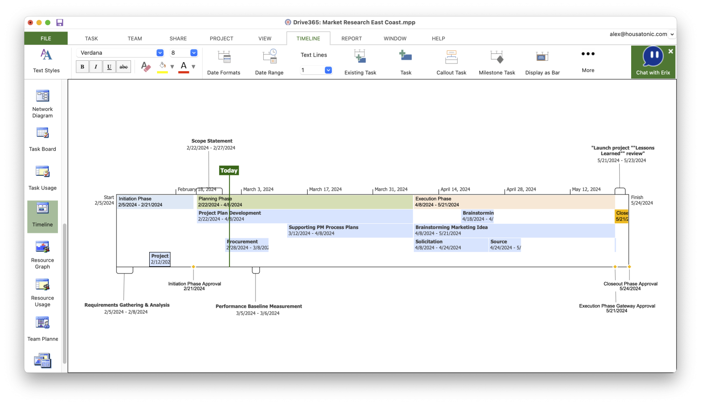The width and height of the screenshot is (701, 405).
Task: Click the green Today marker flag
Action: click(x=229, y=170)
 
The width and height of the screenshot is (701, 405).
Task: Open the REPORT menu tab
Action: click(x=351, y=38)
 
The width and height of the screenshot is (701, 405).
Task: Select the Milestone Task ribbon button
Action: click(x=497, y=62)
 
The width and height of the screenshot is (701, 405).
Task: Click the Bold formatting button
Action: click(x=82, y=67)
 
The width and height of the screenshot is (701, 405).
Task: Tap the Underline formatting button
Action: click(x=109, y=67)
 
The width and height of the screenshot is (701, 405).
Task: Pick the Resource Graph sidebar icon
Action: click(x=42, y=254)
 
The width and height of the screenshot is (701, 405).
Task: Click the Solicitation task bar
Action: click(x=450, y=245)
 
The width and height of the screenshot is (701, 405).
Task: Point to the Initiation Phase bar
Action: click(x=155, y=202)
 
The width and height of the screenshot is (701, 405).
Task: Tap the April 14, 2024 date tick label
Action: click(x=455, y=189)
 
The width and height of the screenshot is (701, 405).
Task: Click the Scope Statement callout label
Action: click(x=212, y=141)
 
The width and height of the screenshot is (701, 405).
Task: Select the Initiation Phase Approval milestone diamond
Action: click(x=194, y=267)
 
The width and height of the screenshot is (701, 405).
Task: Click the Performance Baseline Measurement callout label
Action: click(x=259, y=306)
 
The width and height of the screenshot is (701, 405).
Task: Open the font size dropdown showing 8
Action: click(x=194, y=53)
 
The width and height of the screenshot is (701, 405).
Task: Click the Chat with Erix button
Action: click(x=653, y=62)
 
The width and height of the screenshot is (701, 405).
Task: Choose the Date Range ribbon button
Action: click(x=269, y=62)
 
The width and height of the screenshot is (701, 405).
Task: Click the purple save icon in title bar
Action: click(x=60, y=22)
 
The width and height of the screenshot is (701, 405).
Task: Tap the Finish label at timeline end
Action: click(x=637, y=197)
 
